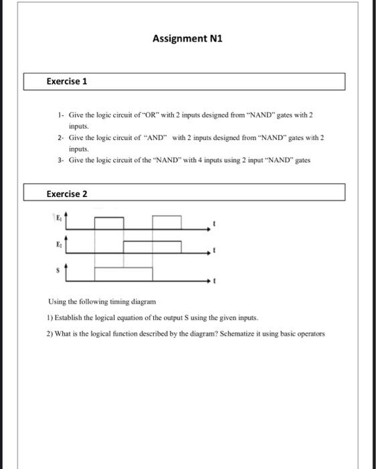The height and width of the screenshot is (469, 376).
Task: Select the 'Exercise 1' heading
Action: [67, 82]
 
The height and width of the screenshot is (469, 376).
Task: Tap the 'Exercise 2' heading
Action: [67, 194]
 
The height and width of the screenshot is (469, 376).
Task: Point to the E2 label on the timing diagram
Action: [58, 245]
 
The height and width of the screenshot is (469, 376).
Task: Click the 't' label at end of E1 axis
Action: [213, 222]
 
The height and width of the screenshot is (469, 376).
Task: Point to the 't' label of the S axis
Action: [213, 282]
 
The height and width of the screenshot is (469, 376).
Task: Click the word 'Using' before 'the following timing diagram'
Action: [58, 302]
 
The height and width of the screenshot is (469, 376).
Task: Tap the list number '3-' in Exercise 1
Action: [60, 159]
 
